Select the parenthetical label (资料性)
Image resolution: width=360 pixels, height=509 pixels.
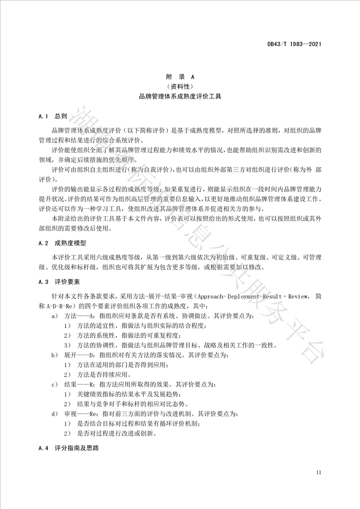[x=180, y=87]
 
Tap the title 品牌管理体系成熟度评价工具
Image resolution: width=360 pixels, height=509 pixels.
[x=180, y=97]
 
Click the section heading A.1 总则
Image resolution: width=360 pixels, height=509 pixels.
[x=53, y=117]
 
